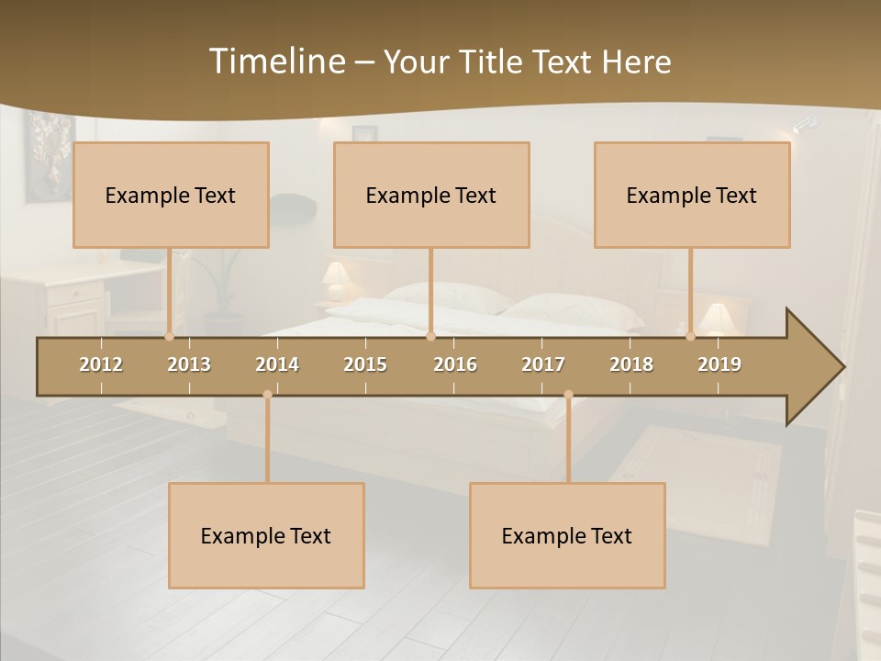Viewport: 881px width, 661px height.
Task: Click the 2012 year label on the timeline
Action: (x=101, y=364)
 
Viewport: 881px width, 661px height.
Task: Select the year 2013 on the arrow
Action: (x=189, y=364)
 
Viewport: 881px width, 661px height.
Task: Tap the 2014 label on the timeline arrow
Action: (x=277, y=364)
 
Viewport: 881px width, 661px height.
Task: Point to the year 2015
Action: (x=365, y=364)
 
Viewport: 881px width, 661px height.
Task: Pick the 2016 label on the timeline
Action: (x=455, y=364)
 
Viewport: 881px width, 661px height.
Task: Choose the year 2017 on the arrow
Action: (x=543, y=364)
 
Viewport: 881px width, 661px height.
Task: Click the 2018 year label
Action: (x=631, y=364)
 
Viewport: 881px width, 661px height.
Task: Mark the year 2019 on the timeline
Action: (x=719, y=364)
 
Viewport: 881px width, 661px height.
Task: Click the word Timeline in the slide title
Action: (x=275, y=62)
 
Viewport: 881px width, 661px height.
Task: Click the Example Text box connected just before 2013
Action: (x=171, y=195)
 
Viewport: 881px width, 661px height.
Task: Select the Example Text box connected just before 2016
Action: (x=431, y=195)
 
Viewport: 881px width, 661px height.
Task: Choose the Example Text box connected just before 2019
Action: (x=692, y=195)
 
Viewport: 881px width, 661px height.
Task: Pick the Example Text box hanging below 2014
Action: (x=266, y=535)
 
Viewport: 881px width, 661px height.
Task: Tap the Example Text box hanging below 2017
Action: (x=567, y=535)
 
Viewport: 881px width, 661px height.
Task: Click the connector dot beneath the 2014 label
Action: (x=267, y=395)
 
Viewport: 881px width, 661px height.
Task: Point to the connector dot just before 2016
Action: (x=430, y=337)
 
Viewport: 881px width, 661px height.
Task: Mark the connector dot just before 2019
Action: (x=690, y=337)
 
